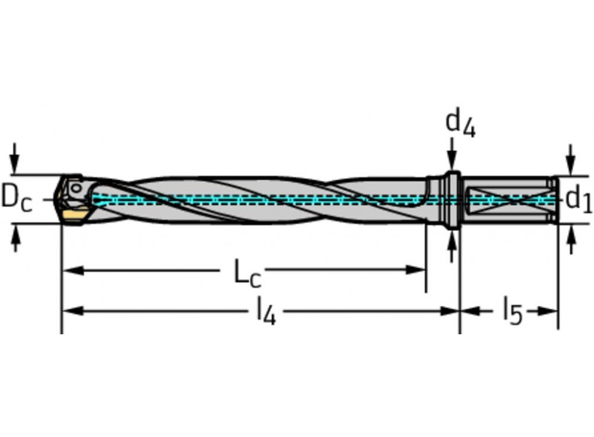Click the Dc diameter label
pos(16,198)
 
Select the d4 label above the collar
pos(460,123)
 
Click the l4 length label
pos(266,311)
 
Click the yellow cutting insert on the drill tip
pos(74,214)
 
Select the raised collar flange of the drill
pos(453,199)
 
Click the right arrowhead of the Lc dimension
pos(416,270)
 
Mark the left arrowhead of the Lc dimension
pos(71,271)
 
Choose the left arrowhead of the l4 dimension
pos(71,311)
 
